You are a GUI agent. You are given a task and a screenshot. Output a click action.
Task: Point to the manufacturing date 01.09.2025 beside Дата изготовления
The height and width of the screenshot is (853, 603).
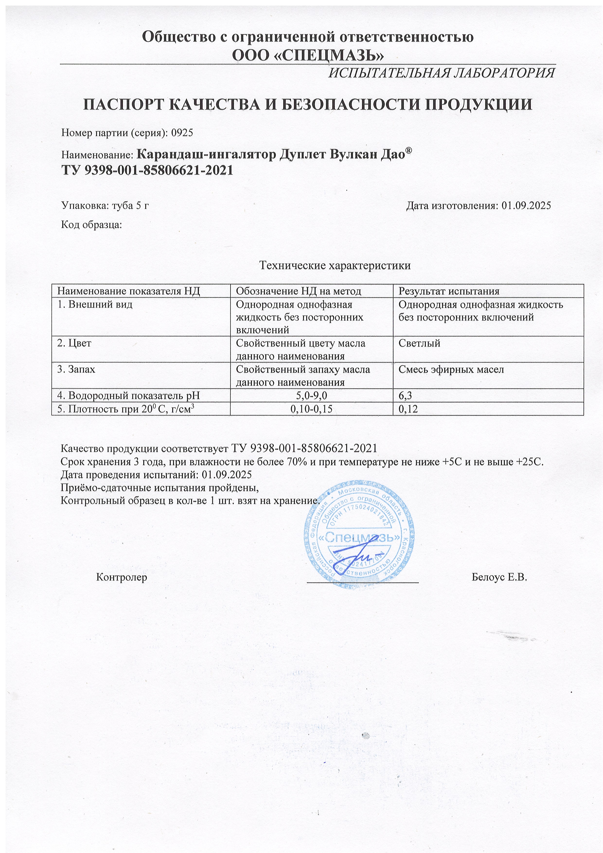tap(526, 205)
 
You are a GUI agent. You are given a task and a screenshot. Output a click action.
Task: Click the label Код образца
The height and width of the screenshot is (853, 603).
tap(91, 224)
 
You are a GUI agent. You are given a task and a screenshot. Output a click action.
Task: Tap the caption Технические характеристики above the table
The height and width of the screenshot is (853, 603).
tap(335, 266)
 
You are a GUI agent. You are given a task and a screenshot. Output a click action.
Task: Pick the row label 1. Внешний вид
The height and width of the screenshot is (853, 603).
tap(95, 305)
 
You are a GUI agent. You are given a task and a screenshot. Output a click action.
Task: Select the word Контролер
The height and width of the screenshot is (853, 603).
tap(122, 577)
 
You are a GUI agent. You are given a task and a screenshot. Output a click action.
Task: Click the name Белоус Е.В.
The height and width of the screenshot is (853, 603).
tap(499, 577)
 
